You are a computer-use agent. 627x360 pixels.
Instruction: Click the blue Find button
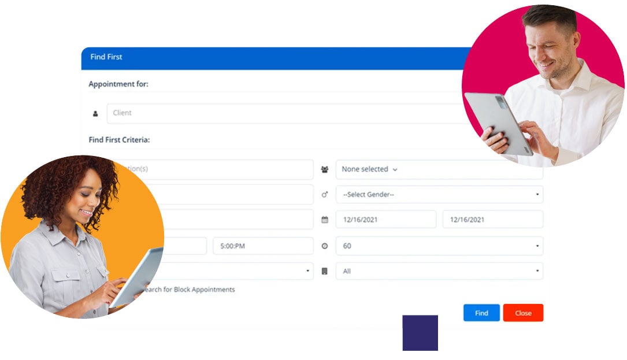click(481, 313)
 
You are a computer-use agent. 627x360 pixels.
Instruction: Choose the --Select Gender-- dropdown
click(439, 195)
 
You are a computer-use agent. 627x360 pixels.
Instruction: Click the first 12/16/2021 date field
click(386, 220)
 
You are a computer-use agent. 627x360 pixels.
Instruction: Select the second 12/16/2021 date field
click(492, 220)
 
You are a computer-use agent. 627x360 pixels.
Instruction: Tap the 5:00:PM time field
click(263, 246)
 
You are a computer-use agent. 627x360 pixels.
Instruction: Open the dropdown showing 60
click(439, 246)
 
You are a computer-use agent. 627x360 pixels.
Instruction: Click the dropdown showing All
click(439, 271)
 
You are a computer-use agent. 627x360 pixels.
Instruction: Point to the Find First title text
click(106, 57)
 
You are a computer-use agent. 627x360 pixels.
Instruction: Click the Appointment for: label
click(118, 84)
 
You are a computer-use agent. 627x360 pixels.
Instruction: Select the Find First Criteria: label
click(119, 140)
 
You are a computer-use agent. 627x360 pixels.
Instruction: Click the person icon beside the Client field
click(95, 114)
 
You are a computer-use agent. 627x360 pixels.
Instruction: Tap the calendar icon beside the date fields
click(325, 220)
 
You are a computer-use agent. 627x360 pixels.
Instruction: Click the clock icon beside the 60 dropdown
click(325, 246)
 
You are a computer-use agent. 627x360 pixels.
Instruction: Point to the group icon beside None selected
click(325, 170)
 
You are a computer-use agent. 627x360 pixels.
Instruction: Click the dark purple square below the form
click(420, 333)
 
